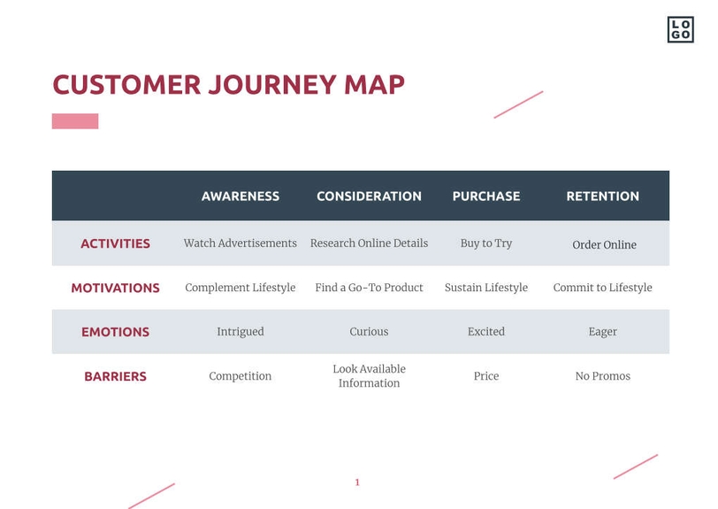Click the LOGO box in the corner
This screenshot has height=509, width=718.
[x=680, y=29]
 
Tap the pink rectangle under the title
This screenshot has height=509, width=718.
[x=75, y=121]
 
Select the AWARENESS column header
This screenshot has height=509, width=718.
[x=240, y=197]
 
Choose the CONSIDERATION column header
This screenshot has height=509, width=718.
[x=369, y=197]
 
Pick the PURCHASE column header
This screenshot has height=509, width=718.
[x=485, y=197]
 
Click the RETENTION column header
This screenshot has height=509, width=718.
[x=602, y=197]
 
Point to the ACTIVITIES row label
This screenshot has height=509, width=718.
[x=115, y=243]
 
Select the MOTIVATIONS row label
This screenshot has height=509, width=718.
[x=115, y=288]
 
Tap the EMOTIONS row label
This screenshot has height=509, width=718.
[x=115, y=332]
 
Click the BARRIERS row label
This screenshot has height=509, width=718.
[x=115, y=376]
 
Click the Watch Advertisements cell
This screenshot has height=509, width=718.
[x=240, y=243]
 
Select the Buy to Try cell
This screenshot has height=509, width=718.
[x=485, y=243]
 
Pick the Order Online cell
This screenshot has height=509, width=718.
[x=604, y=245]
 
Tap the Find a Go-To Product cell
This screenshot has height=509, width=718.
[x=369, y=288]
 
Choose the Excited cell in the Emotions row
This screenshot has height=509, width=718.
[x=485, y=332]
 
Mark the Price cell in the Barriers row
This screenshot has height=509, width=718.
[x=485, y=376]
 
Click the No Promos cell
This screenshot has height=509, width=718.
[x=602, y=376]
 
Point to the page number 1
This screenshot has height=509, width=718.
[x=357, y=482]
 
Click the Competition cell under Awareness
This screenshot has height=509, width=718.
[x=240, y=376]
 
